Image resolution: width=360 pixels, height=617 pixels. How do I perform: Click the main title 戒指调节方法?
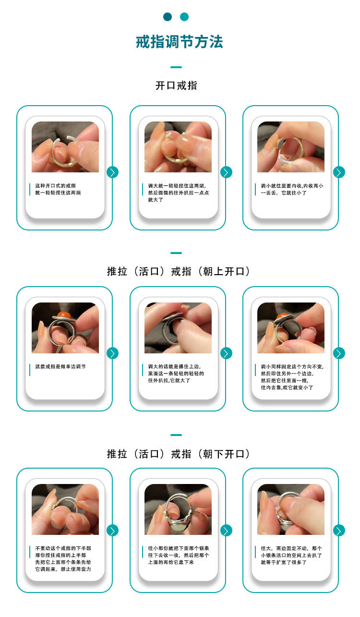[x=180, y=42]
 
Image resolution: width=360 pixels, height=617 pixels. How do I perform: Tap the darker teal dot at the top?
[x=168, y=17]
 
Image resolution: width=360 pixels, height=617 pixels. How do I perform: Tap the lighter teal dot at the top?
[x=184, y=17]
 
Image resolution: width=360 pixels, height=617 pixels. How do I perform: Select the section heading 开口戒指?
[x=176, y=85]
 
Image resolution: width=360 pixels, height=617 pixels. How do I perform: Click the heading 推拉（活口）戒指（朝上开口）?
[x=179, y=271]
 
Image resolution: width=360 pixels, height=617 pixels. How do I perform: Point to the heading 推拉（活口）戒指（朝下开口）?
[x=179, y=454]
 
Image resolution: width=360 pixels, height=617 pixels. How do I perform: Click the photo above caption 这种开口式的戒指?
[x=65, y=147]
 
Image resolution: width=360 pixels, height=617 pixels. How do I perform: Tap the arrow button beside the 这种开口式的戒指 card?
[x=112, y=172]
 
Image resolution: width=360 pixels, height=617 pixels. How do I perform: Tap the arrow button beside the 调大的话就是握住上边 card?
[x=226, y=353]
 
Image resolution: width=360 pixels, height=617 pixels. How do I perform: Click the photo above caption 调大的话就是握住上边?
[x=178, y=328]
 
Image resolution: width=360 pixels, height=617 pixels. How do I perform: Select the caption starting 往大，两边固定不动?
[x=291, y=555]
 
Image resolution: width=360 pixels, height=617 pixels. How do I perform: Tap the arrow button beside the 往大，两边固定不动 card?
[x=339, y=531]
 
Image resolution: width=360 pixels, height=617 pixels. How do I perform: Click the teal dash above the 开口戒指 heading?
[x=176, y=67]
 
